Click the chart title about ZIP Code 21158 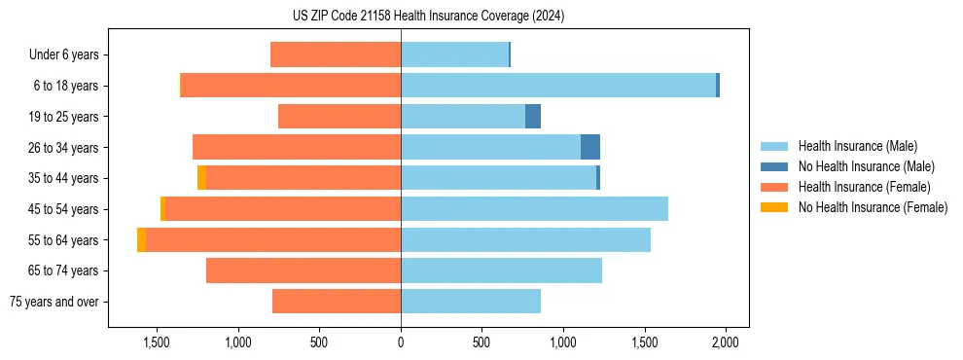tap(428, 17)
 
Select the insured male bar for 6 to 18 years tap(558, 86)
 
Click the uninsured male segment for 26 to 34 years tap(590, 147)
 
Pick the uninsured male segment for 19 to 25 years tap(533, 117)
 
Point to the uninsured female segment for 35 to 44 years tap(201, 178)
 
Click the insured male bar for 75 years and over tap(471, 302)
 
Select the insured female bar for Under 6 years tap(336, 54)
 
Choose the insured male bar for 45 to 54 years tap(534, 209)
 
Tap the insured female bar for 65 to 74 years tap(303, 270)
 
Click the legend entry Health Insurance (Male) tap(857, 146)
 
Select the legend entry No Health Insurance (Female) tap(873, 207)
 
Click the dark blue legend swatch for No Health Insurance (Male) tap(774, 166)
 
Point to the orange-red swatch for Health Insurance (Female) tap(774, 187)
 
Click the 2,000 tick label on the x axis tap(725, 342)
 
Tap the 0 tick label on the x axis tap(401, 342)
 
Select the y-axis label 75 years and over tap(54, 302)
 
